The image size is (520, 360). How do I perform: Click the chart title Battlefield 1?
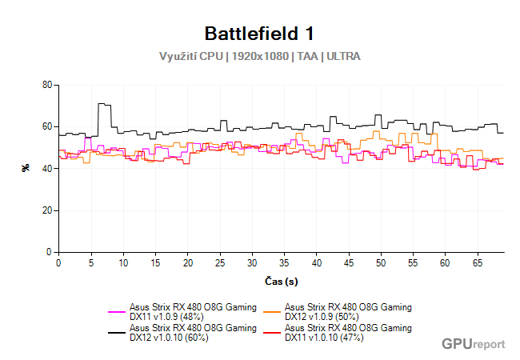tap(259, 34)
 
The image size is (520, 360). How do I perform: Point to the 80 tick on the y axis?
tap(46, 85)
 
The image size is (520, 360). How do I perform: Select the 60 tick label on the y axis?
tap(46, 126)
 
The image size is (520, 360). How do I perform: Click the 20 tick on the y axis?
tap(46, 210)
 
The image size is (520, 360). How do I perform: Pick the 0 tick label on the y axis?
tap(49, 252)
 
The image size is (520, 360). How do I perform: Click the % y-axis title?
tap(26, 168)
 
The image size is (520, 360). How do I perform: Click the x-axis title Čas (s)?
tap(281, 282)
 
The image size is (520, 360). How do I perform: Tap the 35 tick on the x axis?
tap(284, 262)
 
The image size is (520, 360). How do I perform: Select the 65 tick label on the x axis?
tap(478, 262)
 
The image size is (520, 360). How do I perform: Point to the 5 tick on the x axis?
tap(90, 262)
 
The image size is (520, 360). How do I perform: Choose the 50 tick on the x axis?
tap(381, 262)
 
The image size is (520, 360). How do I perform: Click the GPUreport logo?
tap(473, 344)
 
